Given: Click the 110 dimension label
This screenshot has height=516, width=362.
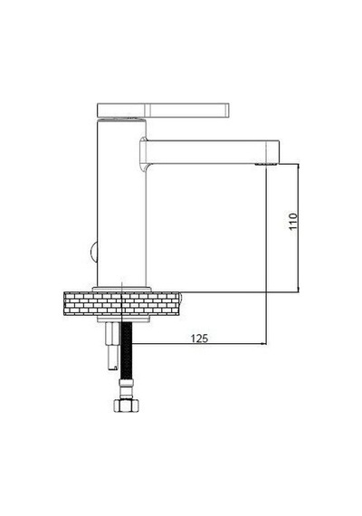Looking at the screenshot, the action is click(x=292, y=222).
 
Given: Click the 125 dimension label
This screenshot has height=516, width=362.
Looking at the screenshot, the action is click(x=199, y=339).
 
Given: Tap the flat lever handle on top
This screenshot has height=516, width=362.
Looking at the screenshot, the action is click(x=163, y=110).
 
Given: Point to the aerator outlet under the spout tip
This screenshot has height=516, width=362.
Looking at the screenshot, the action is click(x=265, y=163).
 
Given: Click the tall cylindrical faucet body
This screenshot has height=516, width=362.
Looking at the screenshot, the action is click(x=121, y=203).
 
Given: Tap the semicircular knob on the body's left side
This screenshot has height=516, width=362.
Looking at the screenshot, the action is click(x=93, y=252).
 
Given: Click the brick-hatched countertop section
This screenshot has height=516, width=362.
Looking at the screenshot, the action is click(x=121, y=303).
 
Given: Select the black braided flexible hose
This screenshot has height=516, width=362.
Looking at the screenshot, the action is click(x=127, y=350).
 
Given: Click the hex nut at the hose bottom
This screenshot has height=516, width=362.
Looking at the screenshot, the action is click(x=127, y=405).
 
